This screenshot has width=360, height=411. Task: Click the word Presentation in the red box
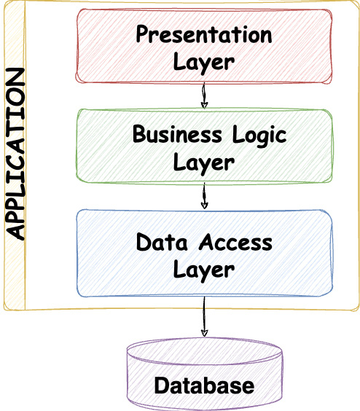[x=204, y=35]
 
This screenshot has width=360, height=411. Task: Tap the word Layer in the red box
[x=204, y=61]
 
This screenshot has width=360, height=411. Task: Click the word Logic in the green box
[x=260, y=135]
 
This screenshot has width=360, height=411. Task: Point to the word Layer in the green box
[x=204, y=161]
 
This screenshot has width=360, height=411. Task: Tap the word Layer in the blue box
[x=204, y=269]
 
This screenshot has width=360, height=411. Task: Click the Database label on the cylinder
[x=204, y=385]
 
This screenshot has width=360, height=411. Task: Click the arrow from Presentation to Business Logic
[x=204, y=94]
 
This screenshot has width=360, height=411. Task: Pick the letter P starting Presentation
[x=143, y=35]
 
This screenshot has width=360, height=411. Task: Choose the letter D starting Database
[x=161, y=385]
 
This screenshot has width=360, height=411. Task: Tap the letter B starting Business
[x=138, y=135]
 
